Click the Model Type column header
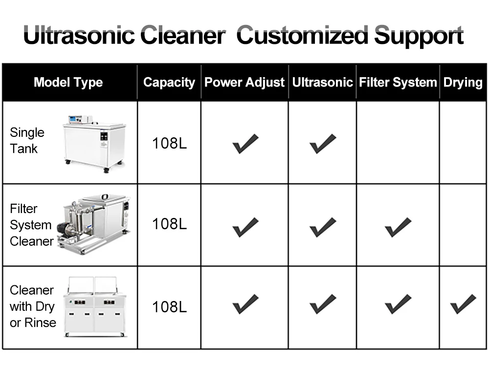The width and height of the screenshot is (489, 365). coord(68,82)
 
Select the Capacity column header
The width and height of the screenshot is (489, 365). coord(169,83)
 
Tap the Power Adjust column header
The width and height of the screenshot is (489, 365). coord(244,82)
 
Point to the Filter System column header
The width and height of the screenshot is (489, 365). coord(398,82)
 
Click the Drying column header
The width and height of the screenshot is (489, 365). coord(463,82)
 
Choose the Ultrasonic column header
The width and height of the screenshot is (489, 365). coord(322,82)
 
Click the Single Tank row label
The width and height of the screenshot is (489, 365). coord(27,141)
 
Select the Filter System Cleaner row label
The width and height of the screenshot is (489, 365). coord(31,225)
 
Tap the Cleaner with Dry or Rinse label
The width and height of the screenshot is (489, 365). coord(32,306)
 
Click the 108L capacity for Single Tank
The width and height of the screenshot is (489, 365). coord(169,144)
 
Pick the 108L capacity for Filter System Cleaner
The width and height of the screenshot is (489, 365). coord(169,224)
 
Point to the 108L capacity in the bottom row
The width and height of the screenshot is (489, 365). coord(169,307)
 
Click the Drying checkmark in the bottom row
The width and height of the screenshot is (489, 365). coord(463,304)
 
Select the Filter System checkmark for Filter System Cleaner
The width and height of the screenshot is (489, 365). coord(398,227)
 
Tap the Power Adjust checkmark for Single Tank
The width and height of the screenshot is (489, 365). coord(245,144)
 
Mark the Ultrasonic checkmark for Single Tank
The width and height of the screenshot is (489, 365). coord(323,144)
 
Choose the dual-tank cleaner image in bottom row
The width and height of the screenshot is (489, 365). coord(94,306)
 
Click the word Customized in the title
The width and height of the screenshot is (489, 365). coord(303,36)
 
